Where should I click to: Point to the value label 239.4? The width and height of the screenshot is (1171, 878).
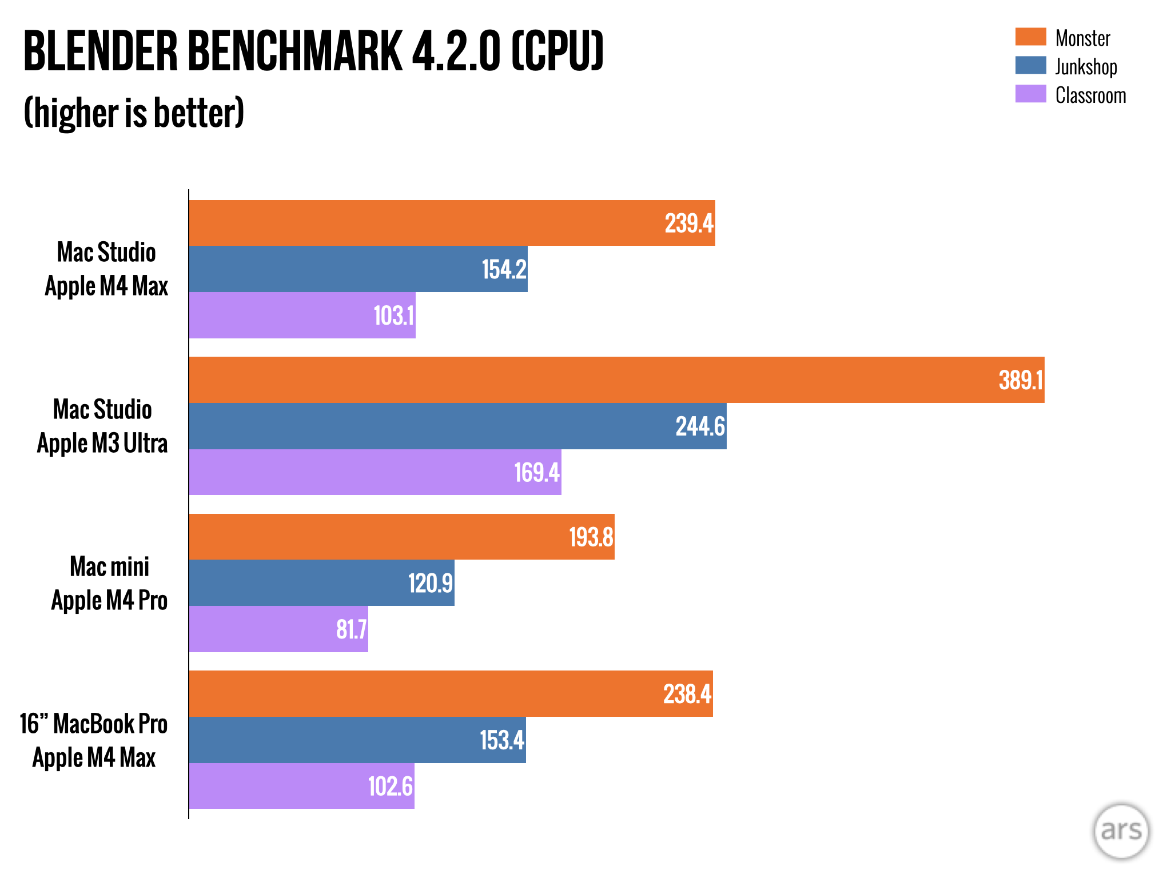689,224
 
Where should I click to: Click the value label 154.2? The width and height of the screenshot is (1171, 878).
504,270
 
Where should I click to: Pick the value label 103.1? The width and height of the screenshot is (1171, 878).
394,316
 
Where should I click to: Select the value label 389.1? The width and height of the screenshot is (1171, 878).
1021,381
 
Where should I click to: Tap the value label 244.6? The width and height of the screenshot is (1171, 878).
700,426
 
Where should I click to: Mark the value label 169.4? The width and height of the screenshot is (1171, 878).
537,473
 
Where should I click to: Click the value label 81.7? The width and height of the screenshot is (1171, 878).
351,629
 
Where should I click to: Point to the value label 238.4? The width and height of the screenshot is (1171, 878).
687,695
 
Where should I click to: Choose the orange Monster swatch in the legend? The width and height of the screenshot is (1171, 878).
1030,37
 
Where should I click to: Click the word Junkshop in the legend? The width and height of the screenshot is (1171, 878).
1086,67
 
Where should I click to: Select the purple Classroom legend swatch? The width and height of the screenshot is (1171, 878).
1030,94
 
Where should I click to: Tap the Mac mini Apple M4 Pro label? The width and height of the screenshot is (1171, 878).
109,584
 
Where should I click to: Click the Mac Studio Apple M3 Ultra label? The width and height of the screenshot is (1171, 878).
102,426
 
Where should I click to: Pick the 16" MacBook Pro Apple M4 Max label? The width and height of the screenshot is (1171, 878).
94,741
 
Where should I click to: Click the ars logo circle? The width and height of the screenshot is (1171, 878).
1121,831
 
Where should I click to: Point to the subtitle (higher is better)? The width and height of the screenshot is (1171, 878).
134,113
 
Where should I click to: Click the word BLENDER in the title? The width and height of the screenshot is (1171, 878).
101,51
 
